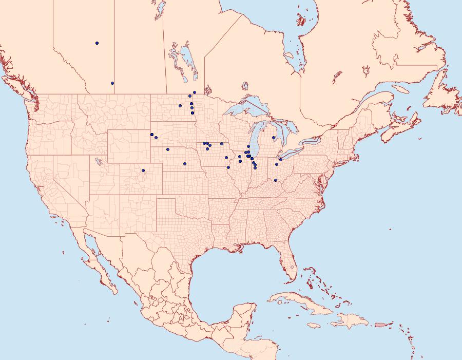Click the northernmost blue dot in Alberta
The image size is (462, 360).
tap(97, 43)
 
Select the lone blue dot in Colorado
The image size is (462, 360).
tap(143, 170)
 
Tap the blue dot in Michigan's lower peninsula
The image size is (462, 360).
tap(274, 137)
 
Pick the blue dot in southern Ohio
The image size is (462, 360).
tap(276, 180)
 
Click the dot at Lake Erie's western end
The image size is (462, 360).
tap(281, 160)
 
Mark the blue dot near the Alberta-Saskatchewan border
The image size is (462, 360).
tap(112, 83)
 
